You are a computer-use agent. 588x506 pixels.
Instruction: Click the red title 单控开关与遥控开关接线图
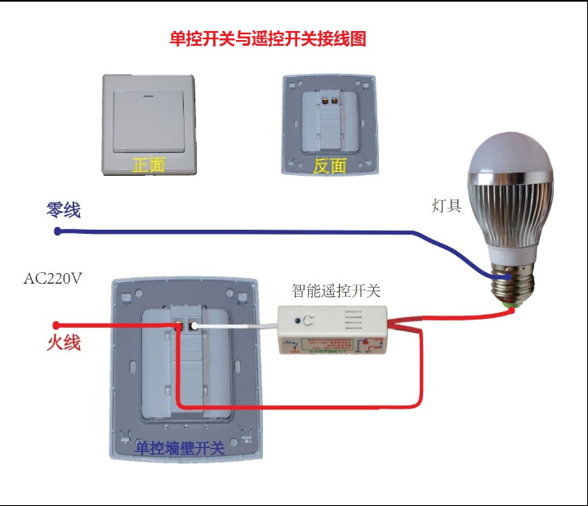tap(267, 38)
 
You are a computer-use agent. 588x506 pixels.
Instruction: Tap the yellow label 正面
tap(149, 165)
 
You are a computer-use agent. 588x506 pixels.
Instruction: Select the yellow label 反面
tap(329, 166)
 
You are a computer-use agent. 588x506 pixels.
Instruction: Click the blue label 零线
tap(64, 210)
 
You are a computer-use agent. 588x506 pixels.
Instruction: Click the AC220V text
tap(53, 278)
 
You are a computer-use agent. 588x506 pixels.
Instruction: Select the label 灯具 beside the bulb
tap(447, 205)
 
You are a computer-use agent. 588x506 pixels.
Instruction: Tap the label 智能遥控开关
tap(336, 290)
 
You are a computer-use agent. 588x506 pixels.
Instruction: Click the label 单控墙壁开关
tap(179, 449)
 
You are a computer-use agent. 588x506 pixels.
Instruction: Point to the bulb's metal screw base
tap(513, 283)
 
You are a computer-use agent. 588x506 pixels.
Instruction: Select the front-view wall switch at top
tap(149, 124)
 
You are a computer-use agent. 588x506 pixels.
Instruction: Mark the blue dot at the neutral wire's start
tap(57, 231)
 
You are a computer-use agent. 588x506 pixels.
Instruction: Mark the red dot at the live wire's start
tap(56, 325)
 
